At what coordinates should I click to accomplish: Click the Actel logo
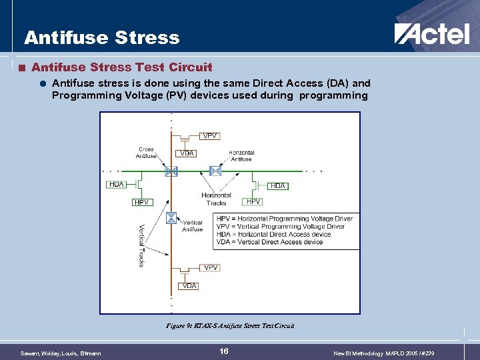(x=431, y=34)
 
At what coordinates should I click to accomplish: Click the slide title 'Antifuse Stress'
(x=102, y=37)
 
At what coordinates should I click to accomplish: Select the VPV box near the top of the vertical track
(x=209, y=136)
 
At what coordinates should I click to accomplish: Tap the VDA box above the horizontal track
(x=187, y=153)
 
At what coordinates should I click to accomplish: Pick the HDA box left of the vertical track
(x=117, y=185)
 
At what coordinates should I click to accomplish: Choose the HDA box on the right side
(x=278, y=185)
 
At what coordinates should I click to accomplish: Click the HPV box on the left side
(x=141, y=202)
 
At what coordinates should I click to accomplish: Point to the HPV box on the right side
(x=253, y=201)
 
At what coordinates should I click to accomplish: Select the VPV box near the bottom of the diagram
(x=211, y=267)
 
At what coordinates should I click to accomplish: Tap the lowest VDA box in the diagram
(x=189, y=286)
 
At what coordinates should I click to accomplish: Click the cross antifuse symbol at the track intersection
(x=171, y=171)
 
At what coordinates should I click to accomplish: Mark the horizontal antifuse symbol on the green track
(x=215, y=171)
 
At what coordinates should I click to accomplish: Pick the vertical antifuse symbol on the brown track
(x=171, y=217)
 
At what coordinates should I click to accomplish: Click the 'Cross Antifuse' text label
(x=146, y=153)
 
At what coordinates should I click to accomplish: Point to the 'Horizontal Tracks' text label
(x=216, y=199)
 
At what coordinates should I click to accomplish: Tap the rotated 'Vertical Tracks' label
(x=142, y=245)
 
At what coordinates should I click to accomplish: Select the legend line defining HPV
(x=285, y=219)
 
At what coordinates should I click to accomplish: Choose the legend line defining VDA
(x=269, y=242)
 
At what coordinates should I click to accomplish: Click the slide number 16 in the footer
(x=224, y=351)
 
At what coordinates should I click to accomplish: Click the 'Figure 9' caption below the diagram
(x=230, y=326)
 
